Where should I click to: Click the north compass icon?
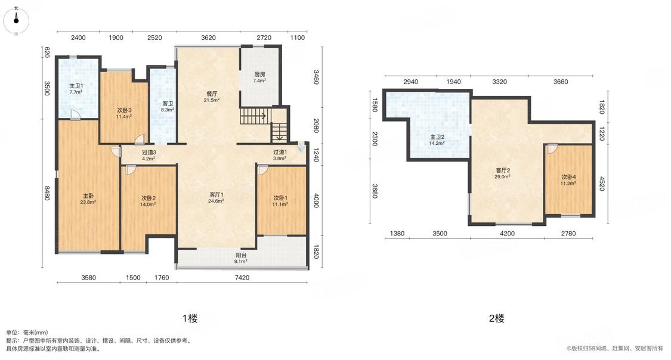coord(16,20)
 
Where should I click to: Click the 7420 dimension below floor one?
coord(242,278)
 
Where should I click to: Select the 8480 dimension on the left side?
coord(47,193)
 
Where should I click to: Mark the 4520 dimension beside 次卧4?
coord(602,184)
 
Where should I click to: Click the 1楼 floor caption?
coord(190,318)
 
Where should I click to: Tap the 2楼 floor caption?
coord(496,318)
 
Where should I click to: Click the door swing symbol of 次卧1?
coord(262,170)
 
